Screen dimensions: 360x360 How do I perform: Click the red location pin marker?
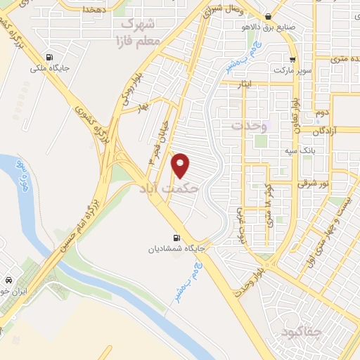click(x=181, y=165)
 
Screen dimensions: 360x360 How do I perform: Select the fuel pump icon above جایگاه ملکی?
click(x=48, y=58)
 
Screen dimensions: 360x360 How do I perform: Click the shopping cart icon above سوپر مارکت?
click(x=292, y=60)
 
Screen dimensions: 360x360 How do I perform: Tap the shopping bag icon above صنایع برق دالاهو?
click(x=269, y=17)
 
